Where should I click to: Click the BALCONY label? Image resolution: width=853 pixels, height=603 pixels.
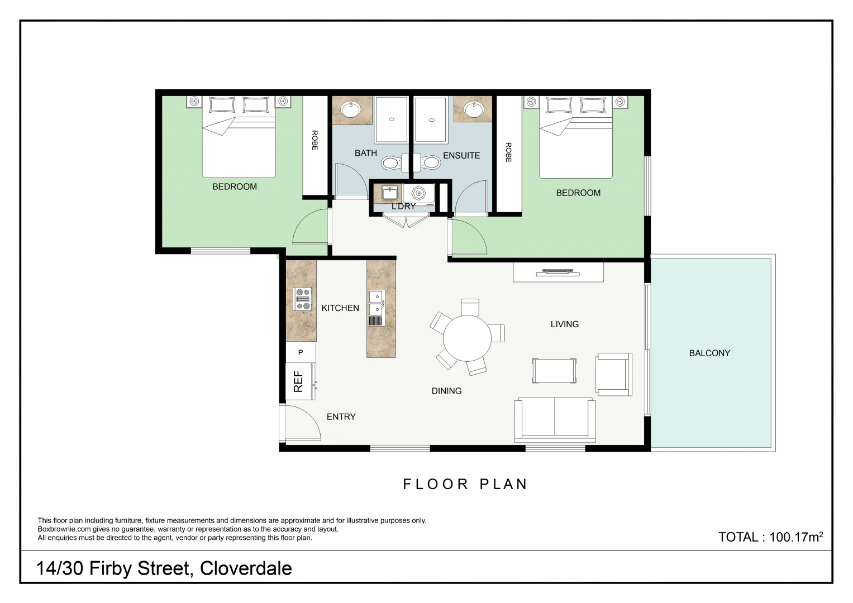709,353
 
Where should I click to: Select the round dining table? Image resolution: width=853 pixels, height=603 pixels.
467,338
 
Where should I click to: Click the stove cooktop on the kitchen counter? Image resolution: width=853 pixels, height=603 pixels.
302,299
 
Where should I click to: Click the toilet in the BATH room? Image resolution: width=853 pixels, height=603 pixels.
391,163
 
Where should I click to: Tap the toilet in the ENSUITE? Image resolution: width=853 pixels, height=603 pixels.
431,163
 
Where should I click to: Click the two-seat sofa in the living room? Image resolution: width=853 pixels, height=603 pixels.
555,419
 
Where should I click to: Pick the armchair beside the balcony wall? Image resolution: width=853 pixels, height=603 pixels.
614,375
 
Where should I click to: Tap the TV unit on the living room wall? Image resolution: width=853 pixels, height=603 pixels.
558,272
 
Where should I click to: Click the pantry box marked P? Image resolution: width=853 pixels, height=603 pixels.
301,352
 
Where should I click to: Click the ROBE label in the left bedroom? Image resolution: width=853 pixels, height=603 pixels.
314,140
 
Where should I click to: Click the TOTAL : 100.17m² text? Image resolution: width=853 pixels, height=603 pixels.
770,537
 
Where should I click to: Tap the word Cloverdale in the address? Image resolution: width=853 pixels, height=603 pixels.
246,568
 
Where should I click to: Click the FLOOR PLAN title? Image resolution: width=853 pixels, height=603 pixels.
465,484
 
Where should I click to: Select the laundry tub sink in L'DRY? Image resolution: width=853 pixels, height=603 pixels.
390,193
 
